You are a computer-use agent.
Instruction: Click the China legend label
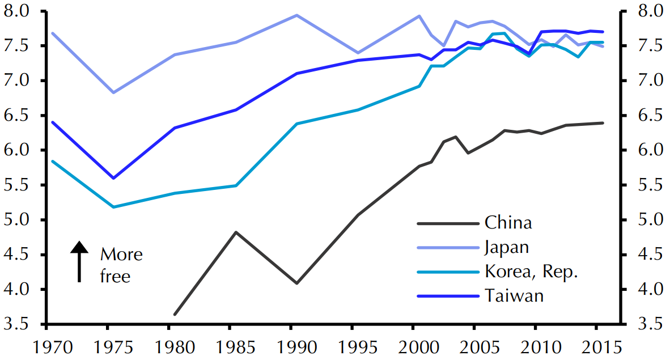click(x=508, y=222)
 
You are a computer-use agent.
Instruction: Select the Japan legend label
click(x=507, y=247)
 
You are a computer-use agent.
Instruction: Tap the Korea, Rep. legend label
click(x=531, y=272)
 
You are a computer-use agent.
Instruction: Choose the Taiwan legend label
click(x=514, y=296)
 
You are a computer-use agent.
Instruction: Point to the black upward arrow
click(x=80, y=261)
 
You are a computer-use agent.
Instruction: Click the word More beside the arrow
click(x=121, y=255)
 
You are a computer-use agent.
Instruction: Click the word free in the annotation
click(x=115, y=277)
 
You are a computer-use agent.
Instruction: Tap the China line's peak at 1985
click(x=236, y=232)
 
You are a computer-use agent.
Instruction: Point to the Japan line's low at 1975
click(x=113, y=92)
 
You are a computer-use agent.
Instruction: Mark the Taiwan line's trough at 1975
click(x=113, y=178)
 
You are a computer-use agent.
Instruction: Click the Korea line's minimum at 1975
click(x=113, y=207)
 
